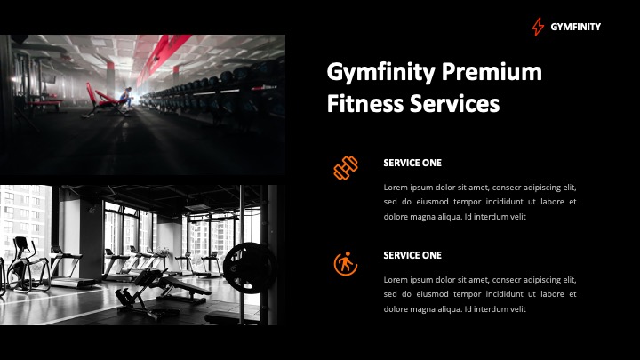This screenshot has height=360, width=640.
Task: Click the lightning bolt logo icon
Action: point(537,27)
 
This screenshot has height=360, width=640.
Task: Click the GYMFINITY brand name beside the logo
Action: point(575,27)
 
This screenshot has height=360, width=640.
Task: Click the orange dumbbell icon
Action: point(345,167)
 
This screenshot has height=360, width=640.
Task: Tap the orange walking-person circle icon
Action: point(345,264)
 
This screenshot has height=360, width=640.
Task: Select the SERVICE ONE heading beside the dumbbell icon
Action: point(412,163)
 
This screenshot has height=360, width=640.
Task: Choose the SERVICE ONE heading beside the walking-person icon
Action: point(412,255)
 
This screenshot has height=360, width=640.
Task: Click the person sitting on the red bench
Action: point(126,98)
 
